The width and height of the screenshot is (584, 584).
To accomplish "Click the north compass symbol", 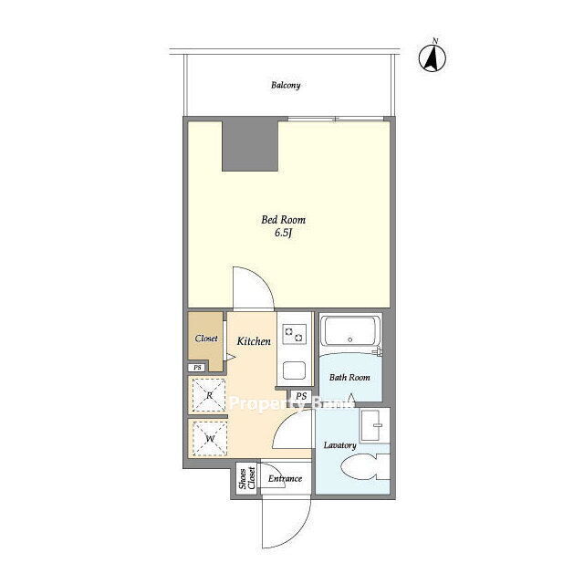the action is click(433, 57).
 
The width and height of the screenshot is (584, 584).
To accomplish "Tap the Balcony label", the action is click(286, 85).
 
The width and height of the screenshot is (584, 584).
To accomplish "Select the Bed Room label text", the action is click(284, 220).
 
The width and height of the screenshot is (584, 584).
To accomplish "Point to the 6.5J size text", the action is click(283, 234).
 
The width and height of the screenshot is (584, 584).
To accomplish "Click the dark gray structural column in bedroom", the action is click(250, 145).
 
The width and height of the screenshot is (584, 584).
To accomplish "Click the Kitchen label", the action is click(254, 341).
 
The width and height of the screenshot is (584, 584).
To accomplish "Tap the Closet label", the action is click(206, 339).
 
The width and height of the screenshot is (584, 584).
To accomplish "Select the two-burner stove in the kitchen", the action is click(294, 334).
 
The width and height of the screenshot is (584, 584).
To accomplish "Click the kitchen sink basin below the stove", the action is click(294, 370).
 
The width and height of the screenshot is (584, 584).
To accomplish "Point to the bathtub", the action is click(349, 331).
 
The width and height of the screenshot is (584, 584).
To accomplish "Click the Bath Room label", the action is click(349, 377).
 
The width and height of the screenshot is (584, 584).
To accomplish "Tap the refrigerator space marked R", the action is click(209, 395).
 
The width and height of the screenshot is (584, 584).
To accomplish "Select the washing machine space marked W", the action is click(210, 439).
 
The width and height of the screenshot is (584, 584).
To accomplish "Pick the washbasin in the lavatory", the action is click(375, 426).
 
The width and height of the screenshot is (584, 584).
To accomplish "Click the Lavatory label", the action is click(339, 445).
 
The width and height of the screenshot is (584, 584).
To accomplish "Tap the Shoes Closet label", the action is click(247, 478).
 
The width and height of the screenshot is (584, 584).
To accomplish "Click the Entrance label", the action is click(285, 478).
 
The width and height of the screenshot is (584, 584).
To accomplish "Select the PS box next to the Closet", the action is click(197, 368).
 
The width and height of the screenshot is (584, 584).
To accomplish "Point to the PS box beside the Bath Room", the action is click(301, 396).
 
